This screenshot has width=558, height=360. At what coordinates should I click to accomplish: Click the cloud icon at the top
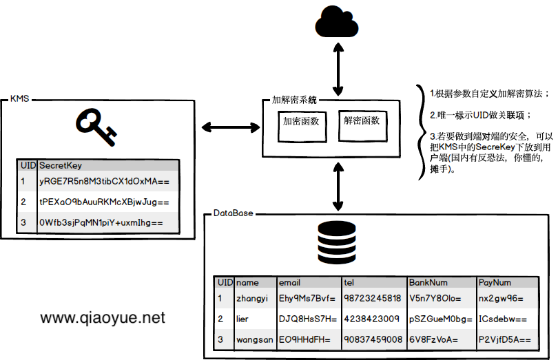pyautogui.click(x=338, y=23)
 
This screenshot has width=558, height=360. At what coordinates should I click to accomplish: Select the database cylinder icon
pyautogui.click(x=338, y=242)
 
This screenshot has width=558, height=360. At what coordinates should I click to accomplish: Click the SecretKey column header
pyautogui.click(x=61, y=166)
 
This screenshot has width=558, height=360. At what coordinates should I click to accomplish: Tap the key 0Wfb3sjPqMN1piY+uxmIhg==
pyautogui.click(x=101, y=223)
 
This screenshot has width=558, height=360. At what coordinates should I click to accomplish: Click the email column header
pyautogui.click(x=289, y=283)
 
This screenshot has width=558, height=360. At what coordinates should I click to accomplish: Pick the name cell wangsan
pyautogui.click(x=254, y=339)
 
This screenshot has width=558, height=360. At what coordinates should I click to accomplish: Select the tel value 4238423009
pyautogui.click(x=371, y=319)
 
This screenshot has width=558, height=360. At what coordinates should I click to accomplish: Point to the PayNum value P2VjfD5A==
pyautogui.click(x=504, y=339)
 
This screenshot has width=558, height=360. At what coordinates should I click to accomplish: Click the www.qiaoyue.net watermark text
pyautogui.click(x=103, y=318)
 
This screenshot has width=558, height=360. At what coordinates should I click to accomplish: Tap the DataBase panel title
pyautogui.click(x=233, y=214)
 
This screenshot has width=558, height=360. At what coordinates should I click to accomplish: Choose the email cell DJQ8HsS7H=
pyautogui.click(x=307, y=319)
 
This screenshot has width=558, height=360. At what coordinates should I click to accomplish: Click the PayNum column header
pyautogui.click(x=495, y=283)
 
